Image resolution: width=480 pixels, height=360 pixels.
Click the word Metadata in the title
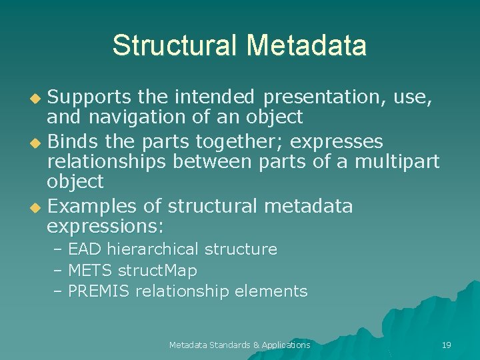pos(306,45)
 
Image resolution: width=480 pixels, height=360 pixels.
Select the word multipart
pos(397,161)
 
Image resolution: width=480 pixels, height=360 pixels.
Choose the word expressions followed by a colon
pos(104,226)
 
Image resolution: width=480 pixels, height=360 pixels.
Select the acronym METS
pos(91,270)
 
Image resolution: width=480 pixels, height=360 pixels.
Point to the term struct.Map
pos(157,270)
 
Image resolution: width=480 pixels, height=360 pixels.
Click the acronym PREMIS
pos(100,291)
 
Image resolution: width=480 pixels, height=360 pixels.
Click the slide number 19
pos(447,345)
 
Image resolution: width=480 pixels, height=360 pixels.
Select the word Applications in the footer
pos(286,345)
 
